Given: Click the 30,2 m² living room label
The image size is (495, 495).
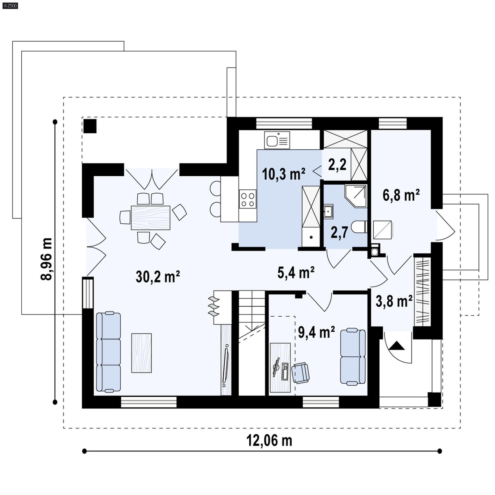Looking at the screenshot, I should tap(158, 276).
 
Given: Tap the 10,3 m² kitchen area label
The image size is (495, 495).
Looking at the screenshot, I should tap(283, 174).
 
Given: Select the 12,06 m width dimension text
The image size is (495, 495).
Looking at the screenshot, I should tap(269, 440).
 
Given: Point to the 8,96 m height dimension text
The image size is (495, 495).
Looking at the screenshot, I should tap(46, 259).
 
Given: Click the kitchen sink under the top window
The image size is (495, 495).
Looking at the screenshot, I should tap(277, 140).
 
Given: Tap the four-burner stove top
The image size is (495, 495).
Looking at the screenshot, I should tap(247, 199).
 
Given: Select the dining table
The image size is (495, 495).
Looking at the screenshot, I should tap(150, 218).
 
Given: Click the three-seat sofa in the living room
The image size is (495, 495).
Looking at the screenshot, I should tap(108, 352).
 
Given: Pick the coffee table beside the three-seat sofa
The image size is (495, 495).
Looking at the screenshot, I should tap(141, 353).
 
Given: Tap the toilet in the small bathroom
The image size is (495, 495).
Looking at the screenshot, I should tap(359, 227).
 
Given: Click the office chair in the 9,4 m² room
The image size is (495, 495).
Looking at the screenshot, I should tap(300, 373).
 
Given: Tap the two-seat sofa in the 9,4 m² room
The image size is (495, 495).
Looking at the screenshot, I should tap(353, 357).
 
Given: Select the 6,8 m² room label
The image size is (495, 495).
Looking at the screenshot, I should tap(401, 195).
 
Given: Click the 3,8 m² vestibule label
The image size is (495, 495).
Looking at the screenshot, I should tap(394, 301).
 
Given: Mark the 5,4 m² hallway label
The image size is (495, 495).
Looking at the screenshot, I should tap(296, 273).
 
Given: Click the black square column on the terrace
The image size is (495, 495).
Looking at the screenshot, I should tap(90, 126).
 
